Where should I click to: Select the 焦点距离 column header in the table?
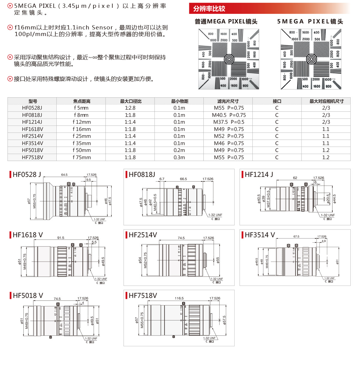point(82,101)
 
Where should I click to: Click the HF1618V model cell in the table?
point(32,129)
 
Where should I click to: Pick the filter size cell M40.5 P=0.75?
point(229,115)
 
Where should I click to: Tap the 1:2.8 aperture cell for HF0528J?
point(130,108)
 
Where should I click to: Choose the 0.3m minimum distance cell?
point(179,157)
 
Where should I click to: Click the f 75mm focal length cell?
point(82,157)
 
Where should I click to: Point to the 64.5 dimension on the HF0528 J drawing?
point(64,175)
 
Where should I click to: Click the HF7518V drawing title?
point(142,296)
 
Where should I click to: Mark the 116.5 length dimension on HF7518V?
point(179,298)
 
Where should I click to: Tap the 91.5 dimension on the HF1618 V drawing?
point(61,238)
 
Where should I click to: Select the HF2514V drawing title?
point(142,235)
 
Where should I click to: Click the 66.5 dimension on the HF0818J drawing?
point(183,179)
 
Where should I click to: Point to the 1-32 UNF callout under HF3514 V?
point(329,278)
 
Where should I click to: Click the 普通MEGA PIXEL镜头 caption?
point(226,21)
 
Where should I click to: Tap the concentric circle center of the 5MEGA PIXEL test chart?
point(311,59)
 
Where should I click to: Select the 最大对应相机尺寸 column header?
point(326,101)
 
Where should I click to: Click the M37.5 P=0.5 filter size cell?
point(229,122)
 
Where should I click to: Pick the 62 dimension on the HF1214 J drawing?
point(295,178)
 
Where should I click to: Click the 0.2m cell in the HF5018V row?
point(179,150)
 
